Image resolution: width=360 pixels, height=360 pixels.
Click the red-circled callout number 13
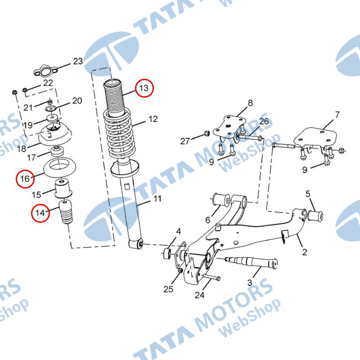pos(144,88)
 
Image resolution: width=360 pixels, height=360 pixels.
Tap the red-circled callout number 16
pos(25,179)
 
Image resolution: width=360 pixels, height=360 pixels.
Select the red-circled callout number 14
pos(40,213)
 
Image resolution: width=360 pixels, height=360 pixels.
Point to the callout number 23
pos(78,61)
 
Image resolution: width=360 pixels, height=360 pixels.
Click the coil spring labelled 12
pos(119,133)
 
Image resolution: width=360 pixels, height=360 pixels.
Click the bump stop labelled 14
pos(66,212)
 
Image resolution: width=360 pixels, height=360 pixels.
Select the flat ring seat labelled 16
pos(59,167)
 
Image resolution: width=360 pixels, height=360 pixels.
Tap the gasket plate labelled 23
pos(45,72)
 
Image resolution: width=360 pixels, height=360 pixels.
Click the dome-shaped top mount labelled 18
pos(55,135)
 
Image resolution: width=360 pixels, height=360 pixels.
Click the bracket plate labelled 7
pos(316,139)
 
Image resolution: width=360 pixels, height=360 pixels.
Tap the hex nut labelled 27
pos(207,133)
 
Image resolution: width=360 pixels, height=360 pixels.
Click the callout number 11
pos(157,198)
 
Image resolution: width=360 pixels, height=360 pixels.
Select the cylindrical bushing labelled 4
pos(167,253)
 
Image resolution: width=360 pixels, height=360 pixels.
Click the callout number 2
pos(305,252)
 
